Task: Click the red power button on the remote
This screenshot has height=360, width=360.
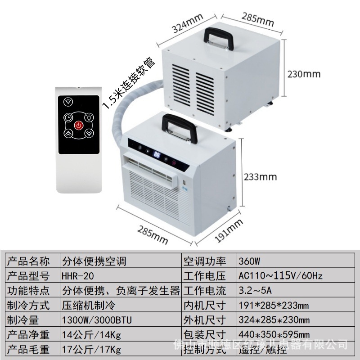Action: (x=79, y=125)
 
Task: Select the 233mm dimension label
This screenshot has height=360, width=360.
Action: (x=260, y=176)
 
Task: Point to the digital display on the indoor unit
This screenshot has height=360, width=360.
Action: (x=158, y=155)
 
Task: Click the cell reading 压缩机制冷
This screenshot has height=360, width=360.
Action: (x=88, y=305)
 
